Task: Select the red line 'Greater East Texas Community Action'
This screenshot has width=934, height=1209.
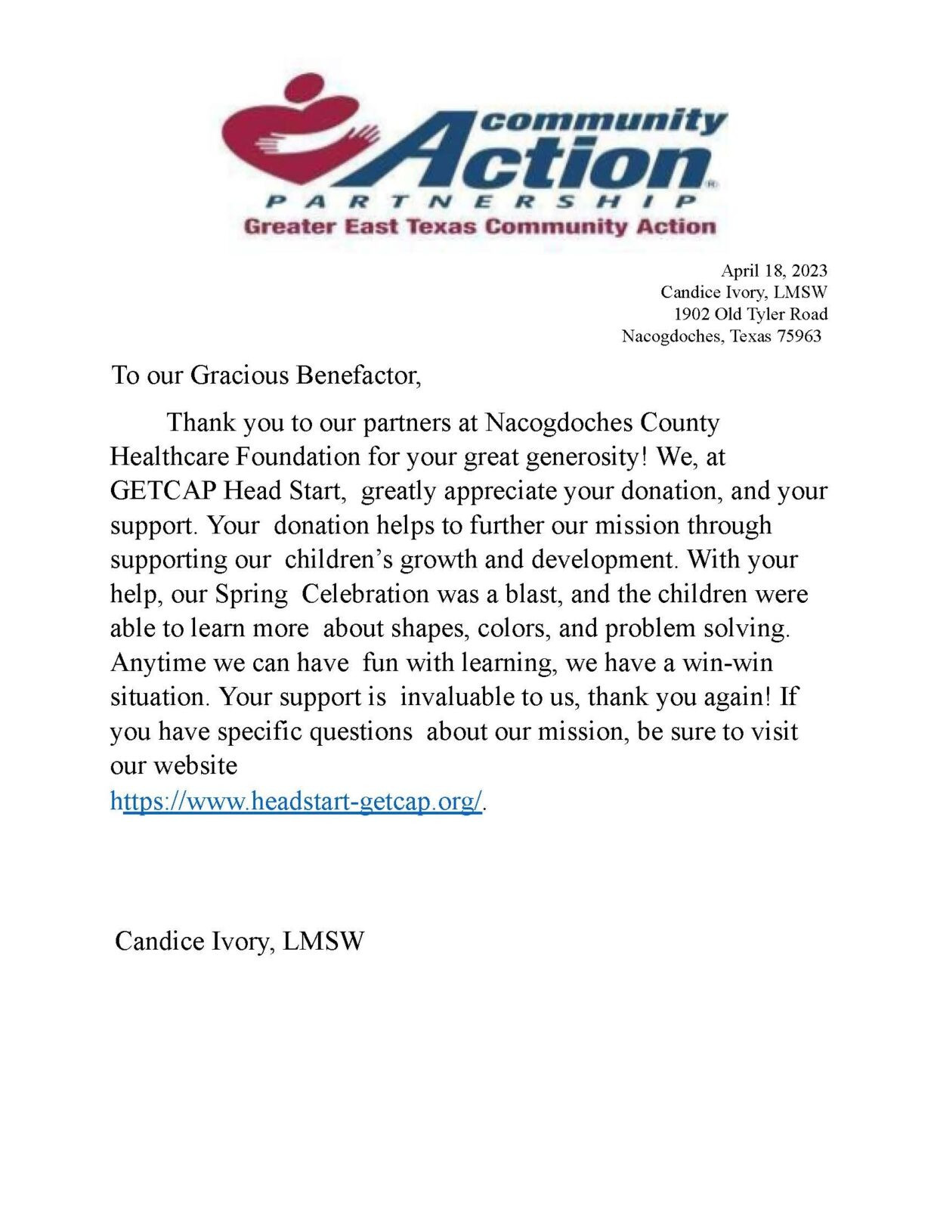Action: point(480,226)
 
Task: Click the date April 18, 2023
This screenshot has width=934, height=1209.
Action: point(774,271)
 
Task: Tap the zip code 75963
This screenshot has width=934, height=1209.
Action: point(799,336)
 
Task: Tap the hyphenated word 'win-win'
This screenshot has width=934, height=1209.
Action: point(728,663)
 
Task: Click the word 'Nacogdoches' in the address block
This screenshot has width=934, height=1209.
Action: point(670,336)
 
